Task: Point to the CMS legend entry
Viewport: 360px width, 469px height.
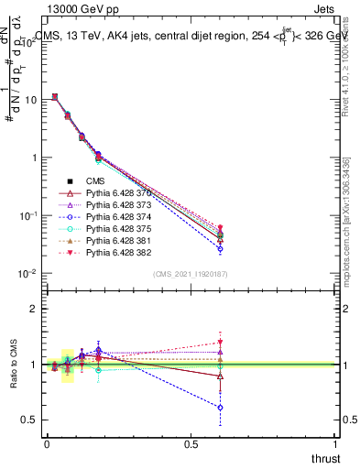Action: coord(95,181)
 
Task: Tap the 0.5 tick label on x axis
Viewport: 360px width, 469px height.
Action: coord(191,444)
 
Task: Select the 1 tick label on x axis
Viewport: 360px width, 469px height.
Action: coord(336,444)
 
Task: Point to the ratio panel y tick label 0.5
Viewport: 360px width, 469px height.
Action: coord(28,420)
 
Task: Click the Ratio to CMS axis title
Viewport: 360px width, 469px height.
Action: coord(12,365)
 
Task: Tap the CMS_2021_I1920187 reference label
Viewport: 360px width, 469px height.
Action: coord(191,274)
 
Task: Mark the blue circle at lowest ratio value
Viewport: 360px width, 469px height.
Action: coord(220,408)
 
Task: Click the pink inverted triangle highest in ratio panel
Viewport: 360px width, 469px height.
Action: coord(220,343)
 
